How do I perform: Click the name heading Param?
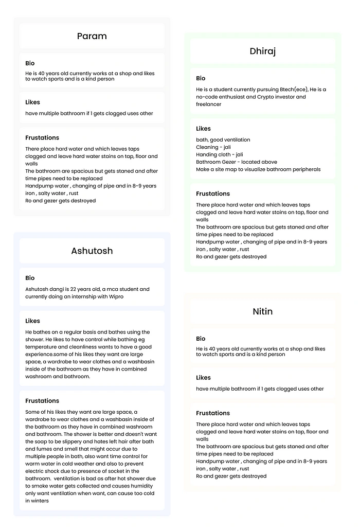92,36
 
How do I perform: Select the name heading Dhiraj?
262,51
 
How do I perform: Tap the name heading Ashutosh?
92,251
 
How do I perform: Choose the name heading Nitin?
262,311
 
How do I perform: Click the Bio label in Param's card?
30,63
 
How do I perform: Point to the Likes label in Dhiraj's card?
203,129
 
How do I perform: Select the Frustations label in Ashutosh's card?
42,401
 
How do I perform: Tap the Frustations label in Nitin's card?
213,413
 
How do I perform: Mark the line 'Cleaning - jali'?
213,147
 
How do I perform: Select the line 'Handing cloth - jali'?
220,154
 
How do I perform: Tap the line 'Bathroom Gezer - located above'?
237,162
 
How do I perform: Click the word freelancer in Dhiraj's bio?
209,104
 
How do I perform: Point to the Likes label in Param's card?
32,102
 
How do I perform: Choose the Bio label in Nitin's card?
201,339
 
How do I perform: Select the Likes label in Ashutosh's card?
32,321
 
